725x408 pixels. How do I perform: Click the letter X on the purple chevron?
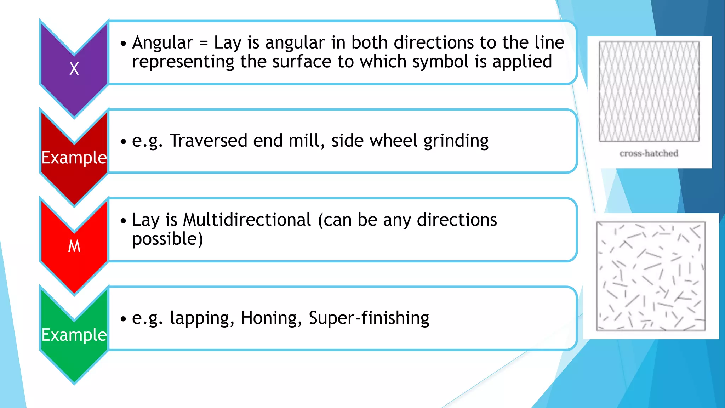point(74,68)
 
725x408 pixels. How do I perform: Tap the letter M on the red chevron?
point(74,246)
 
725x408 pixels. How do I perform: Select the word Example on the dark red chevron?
point(74,157)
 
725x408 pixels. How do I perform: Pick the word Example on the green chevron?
point(74,335)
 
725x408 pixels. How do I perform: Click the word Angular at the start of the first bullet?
point(162,43)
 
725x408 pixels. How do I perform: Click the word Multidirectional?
point(247,220)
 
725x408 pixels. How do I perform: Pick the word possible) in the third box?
point(167,239)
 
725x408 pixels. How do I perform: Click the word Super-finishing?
point(369,318)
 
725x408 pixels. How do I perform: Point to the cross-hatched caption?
point(649,153)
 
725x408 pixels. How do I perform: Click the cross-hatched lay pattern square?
point(649,91)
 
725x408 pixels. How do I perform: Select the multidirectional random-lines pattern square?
point(651,276)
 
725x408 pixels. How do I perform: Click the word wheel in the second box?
point(393,141)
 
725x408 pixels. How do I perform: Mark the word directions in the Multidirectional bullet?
point(457,220)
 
